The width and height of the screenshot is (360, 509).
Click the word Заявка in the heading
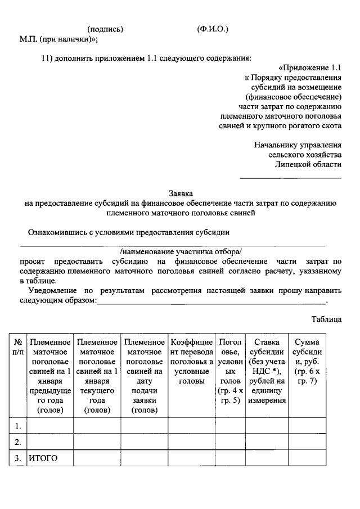click(x=180, y=193)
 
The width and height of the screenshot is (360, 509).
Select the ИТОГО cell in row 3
click(x=43, y=458)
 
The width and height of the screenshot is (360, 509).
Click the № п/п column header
click(x=19, y=346)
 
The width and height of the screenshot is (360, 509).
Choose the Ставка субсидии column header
click(x=266, y=371)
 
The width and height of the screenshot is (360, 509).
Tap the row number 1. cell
click(x=19, y=425)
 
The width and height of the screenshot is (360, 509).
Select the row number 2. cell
click(x=19, y=442)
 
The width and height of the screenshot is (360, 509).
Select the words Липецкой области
click(x=308, y=164)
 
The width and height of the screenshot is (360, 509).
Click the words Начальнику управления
click(x=298, y=145)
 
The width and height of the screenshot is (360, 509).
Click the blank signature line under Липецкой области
click(x=291, y=178)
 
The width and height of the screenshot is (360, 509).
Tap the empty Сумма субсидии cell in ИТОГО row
click(x=307, y=458)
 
